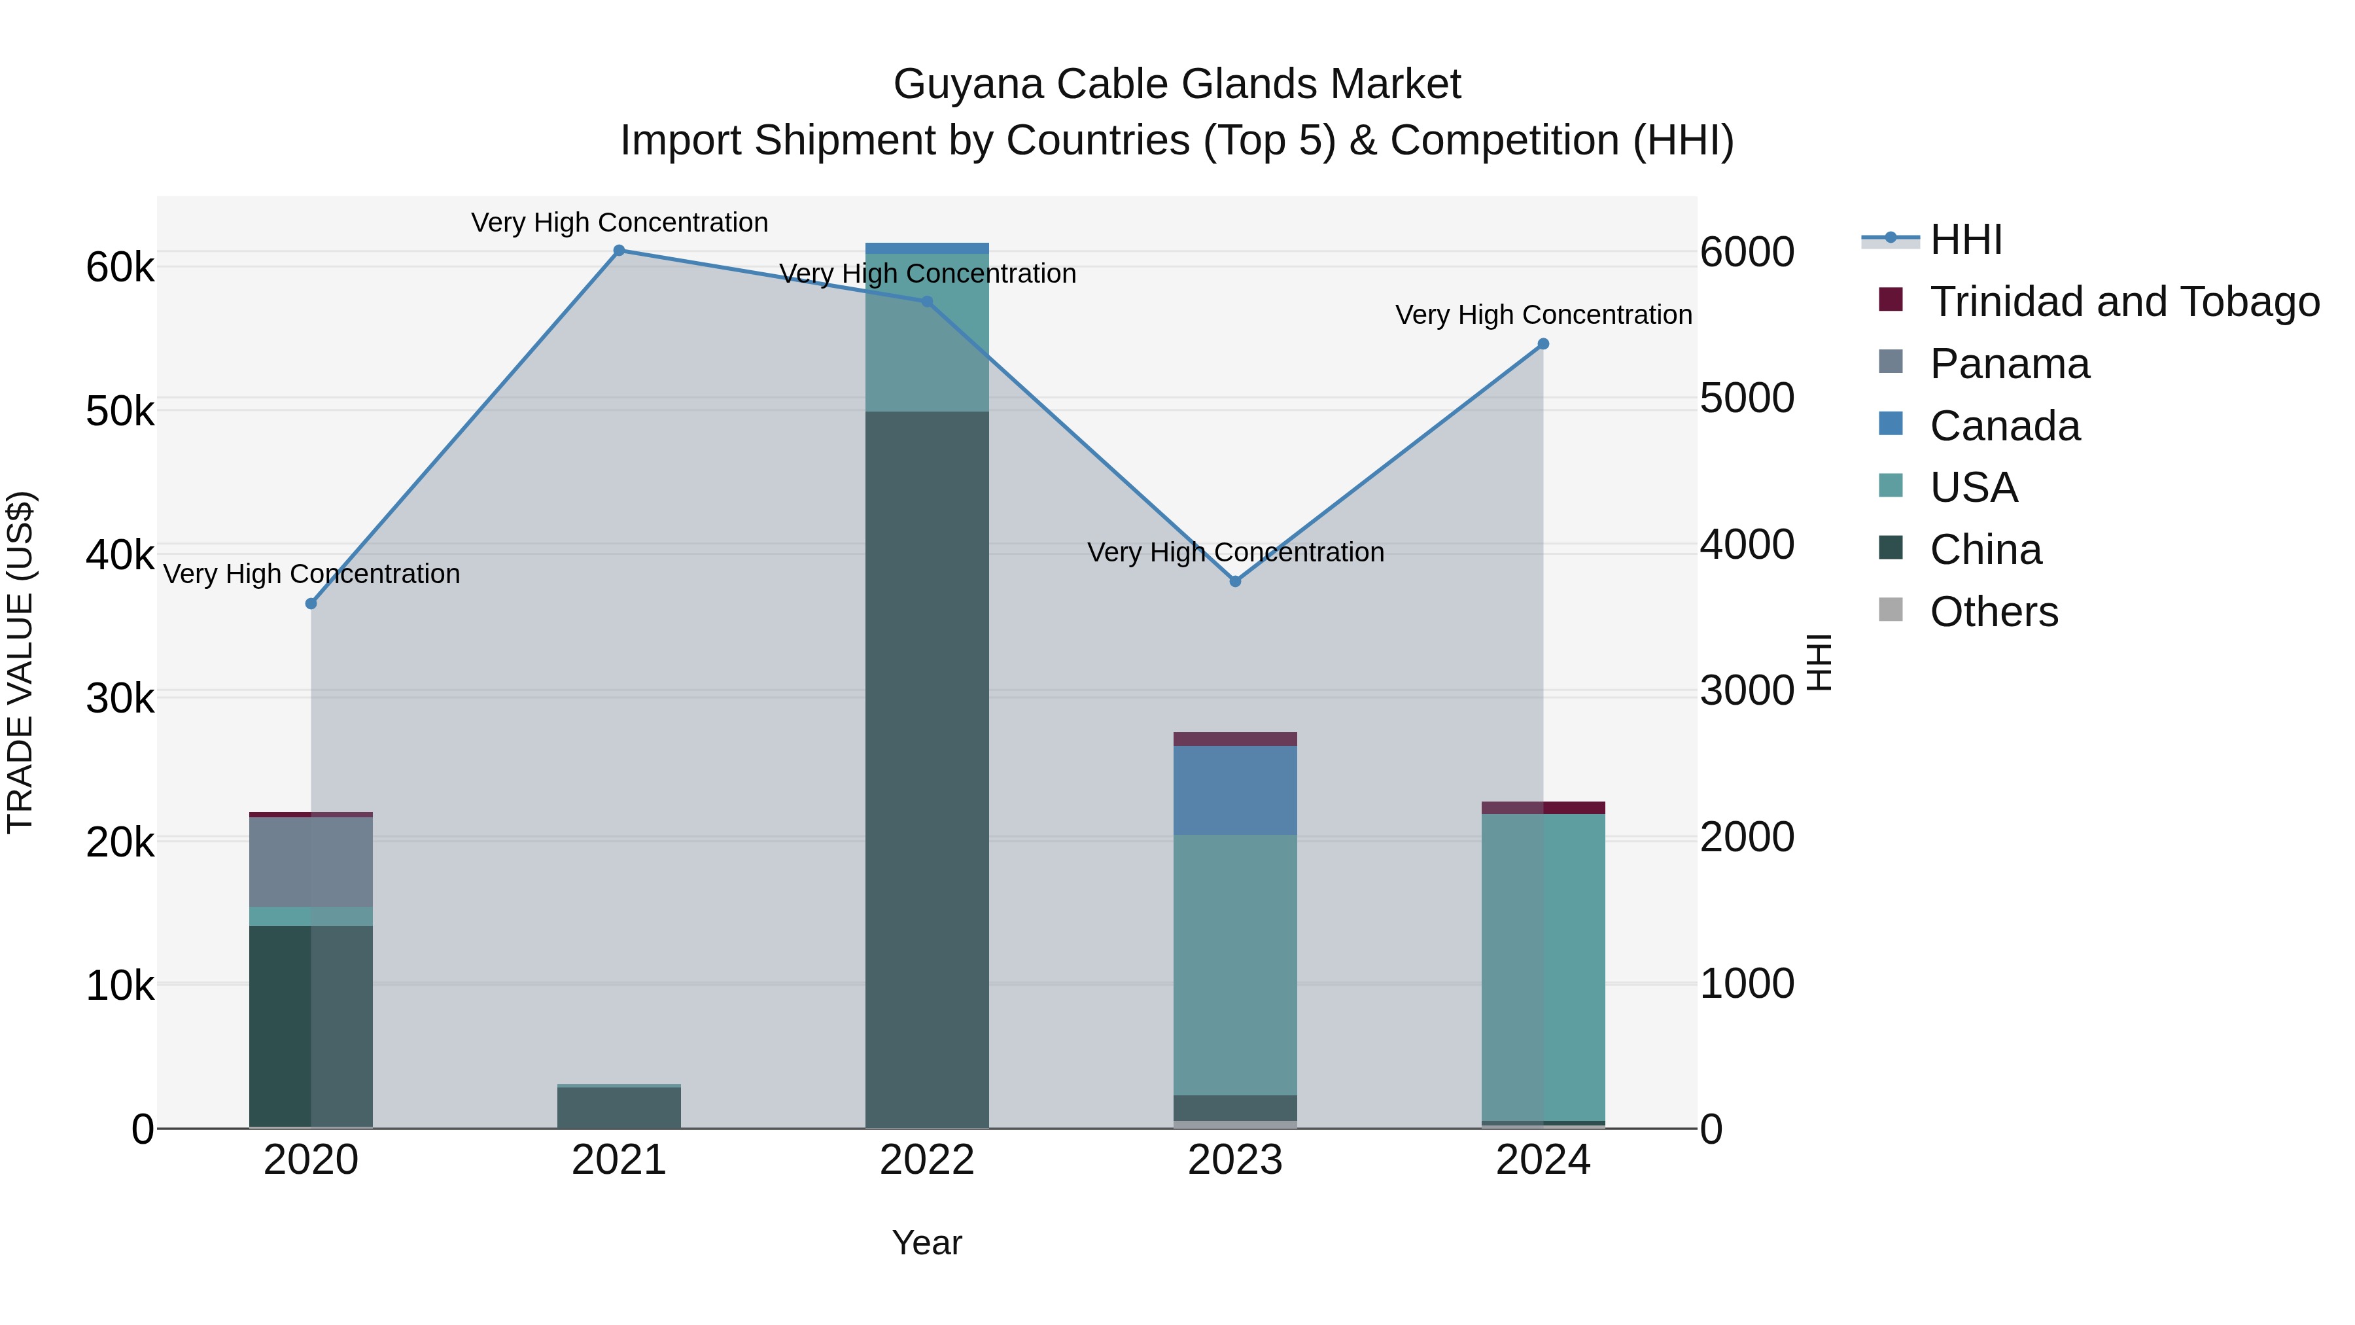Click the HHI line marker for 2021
tap(619, 251)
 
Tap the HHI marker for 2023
tap(1235, 582)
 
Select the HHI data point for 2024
tap(1543, 344)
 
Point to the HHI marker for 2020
tap(311, 603)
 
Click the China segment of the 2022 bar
tap(927, 768)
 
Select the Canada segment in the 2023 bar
tap(1235, 790)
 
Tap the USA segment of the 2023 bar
tap(1235, 964)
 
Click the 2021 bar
tap(619, 1106)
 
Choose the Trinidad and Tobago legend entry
tap(2123, 302)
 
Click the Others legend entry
tap(1993, 612)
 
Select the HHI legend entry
tap(1966, 239)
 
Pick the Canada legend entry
tap(2005, 426)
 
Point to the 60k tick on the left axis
tap(120, 268)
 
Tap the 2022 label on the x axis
tap(927, 1160)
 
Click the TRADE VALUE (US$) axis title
tap(20, 662)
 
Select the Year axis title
tap(927, 1243)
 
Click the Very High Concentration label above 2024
tap(1543, 315)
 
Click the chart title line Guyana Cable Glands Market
tap(1177, 84)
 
